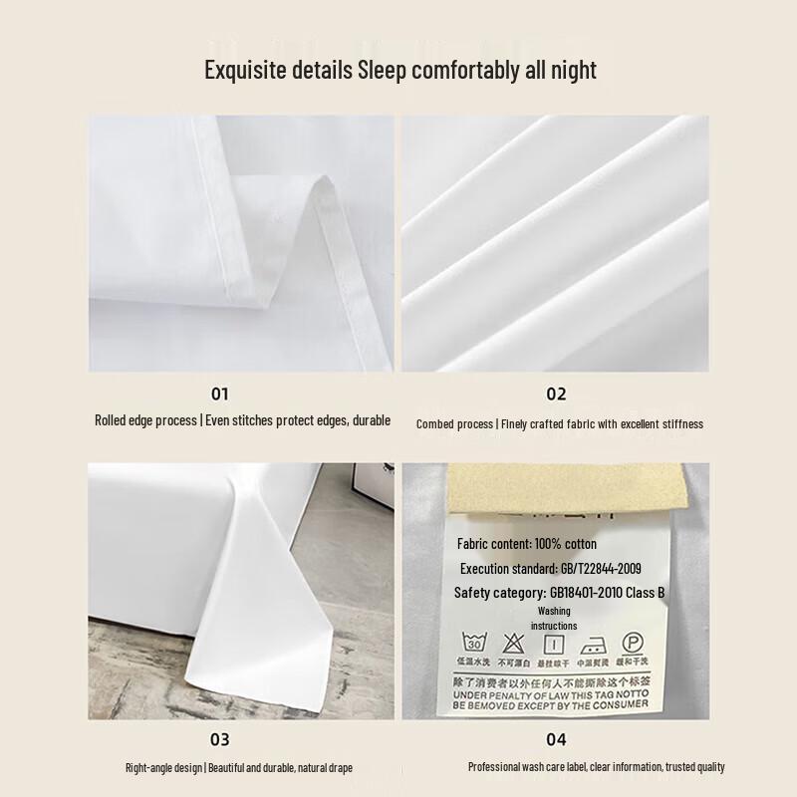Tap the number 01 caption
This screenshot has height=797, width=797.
[219, 395]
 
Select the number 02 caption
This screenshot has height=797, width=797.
[556, 395]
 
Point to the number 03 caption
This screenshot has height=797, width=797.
[219, 739]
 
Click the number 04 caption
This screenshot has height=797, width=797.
[556, 739]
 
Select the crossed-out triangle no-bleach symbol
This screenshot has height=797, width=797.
[513, 642]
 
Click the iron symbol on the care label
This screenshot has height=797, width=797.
[594, 642]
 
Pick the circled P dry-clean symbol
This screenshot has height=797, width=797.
[633, 642]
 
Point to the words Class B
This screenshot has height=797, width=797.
[643, 593]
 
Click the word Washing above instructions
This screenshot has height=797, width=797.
[554, 611]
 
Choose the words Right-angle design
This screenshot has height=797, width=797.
[164, 768]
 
